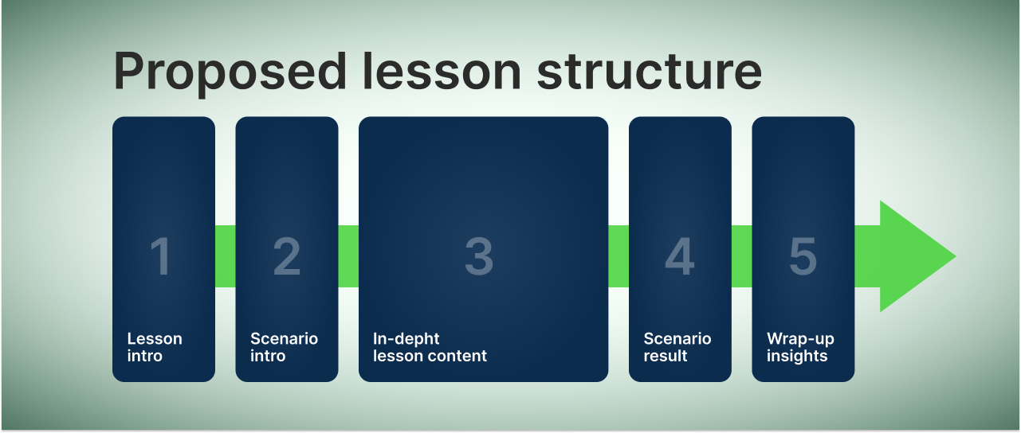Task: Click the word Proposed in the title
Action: click(230, 72)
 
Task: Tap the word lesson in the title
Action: click(442, 71)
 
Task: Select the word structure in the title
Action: click(650, 72)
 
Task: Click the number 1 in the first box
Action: click(160, 256)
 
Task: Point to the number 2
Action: click(287, 256)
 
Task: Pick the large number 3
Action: click(479, 256)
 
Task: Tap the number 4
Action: click(680, 256)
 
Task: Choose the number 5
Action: click(803, 256)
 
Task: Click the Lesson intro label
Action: click(155, 347)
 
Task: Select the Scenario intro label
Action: click(284, 347)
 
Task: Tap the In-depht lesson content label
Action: click(430, 347)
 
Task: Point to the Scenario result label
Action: click(677, 347)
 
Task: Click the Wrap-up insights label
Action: click(800, 347)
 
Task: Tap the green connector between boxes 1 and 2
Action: click(226, 256)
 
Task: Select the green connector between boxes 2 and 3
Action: click(348, 256)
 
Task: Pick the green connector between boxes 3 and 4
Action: click(618, 256)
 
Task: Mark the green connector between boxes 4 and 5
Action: click(741, 256)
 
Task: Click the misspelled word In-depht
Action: click(406, 339)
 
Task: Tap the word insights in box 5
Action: click(797, 356)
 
